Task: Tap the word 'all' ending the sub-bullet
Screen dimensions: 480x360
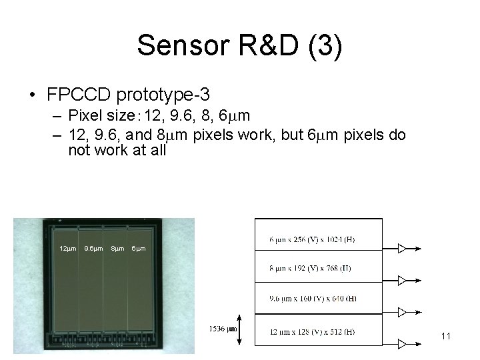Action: coord(157,150)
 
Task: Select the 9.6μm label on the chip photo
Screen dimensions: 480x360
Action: coord(93,249)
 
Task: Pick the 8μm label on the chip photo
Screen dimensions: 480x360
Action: coord(117,249)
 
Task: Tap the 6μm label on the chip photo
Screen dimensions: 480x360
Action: coord(139,249)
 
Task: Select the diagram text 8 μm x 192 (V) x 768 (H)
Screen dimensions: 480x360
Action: coord(311,269)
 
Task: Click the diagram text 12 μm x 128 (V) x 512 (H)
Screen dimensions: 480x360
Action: coord(313,331)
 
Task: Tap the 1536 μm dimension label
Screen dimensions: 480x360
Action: coord(223,329)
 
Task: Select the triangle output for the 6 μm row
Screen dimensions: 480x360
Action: coord(402,249)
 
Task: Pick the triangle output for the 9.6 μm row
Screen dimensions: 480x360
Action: coord(402,311)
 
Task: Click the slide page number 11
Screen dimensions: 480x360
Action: coord(446,337)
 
